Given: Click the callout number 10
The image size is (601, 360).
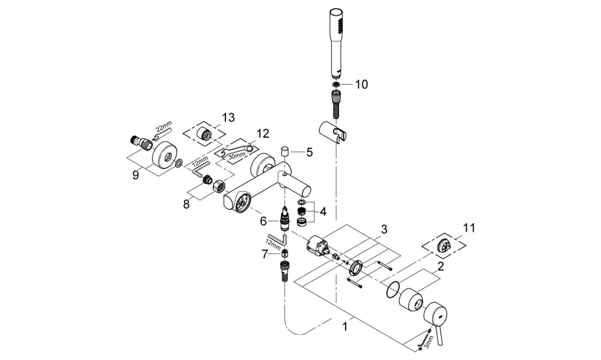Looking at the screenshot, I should pos(361,84).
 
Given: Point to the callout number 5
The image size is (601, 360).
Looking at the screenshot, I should pos(309,152).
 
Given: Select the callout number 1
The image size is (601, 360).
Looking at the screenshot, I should pos(344,328).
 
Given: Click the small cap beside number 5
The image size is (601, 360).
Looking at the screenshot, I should pos(285,151).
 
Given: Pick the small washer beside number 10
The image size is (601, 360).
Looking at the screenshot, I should pos(336,84).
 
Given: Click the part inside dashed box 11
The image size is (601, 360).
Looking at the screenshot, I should pos(445,244).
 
